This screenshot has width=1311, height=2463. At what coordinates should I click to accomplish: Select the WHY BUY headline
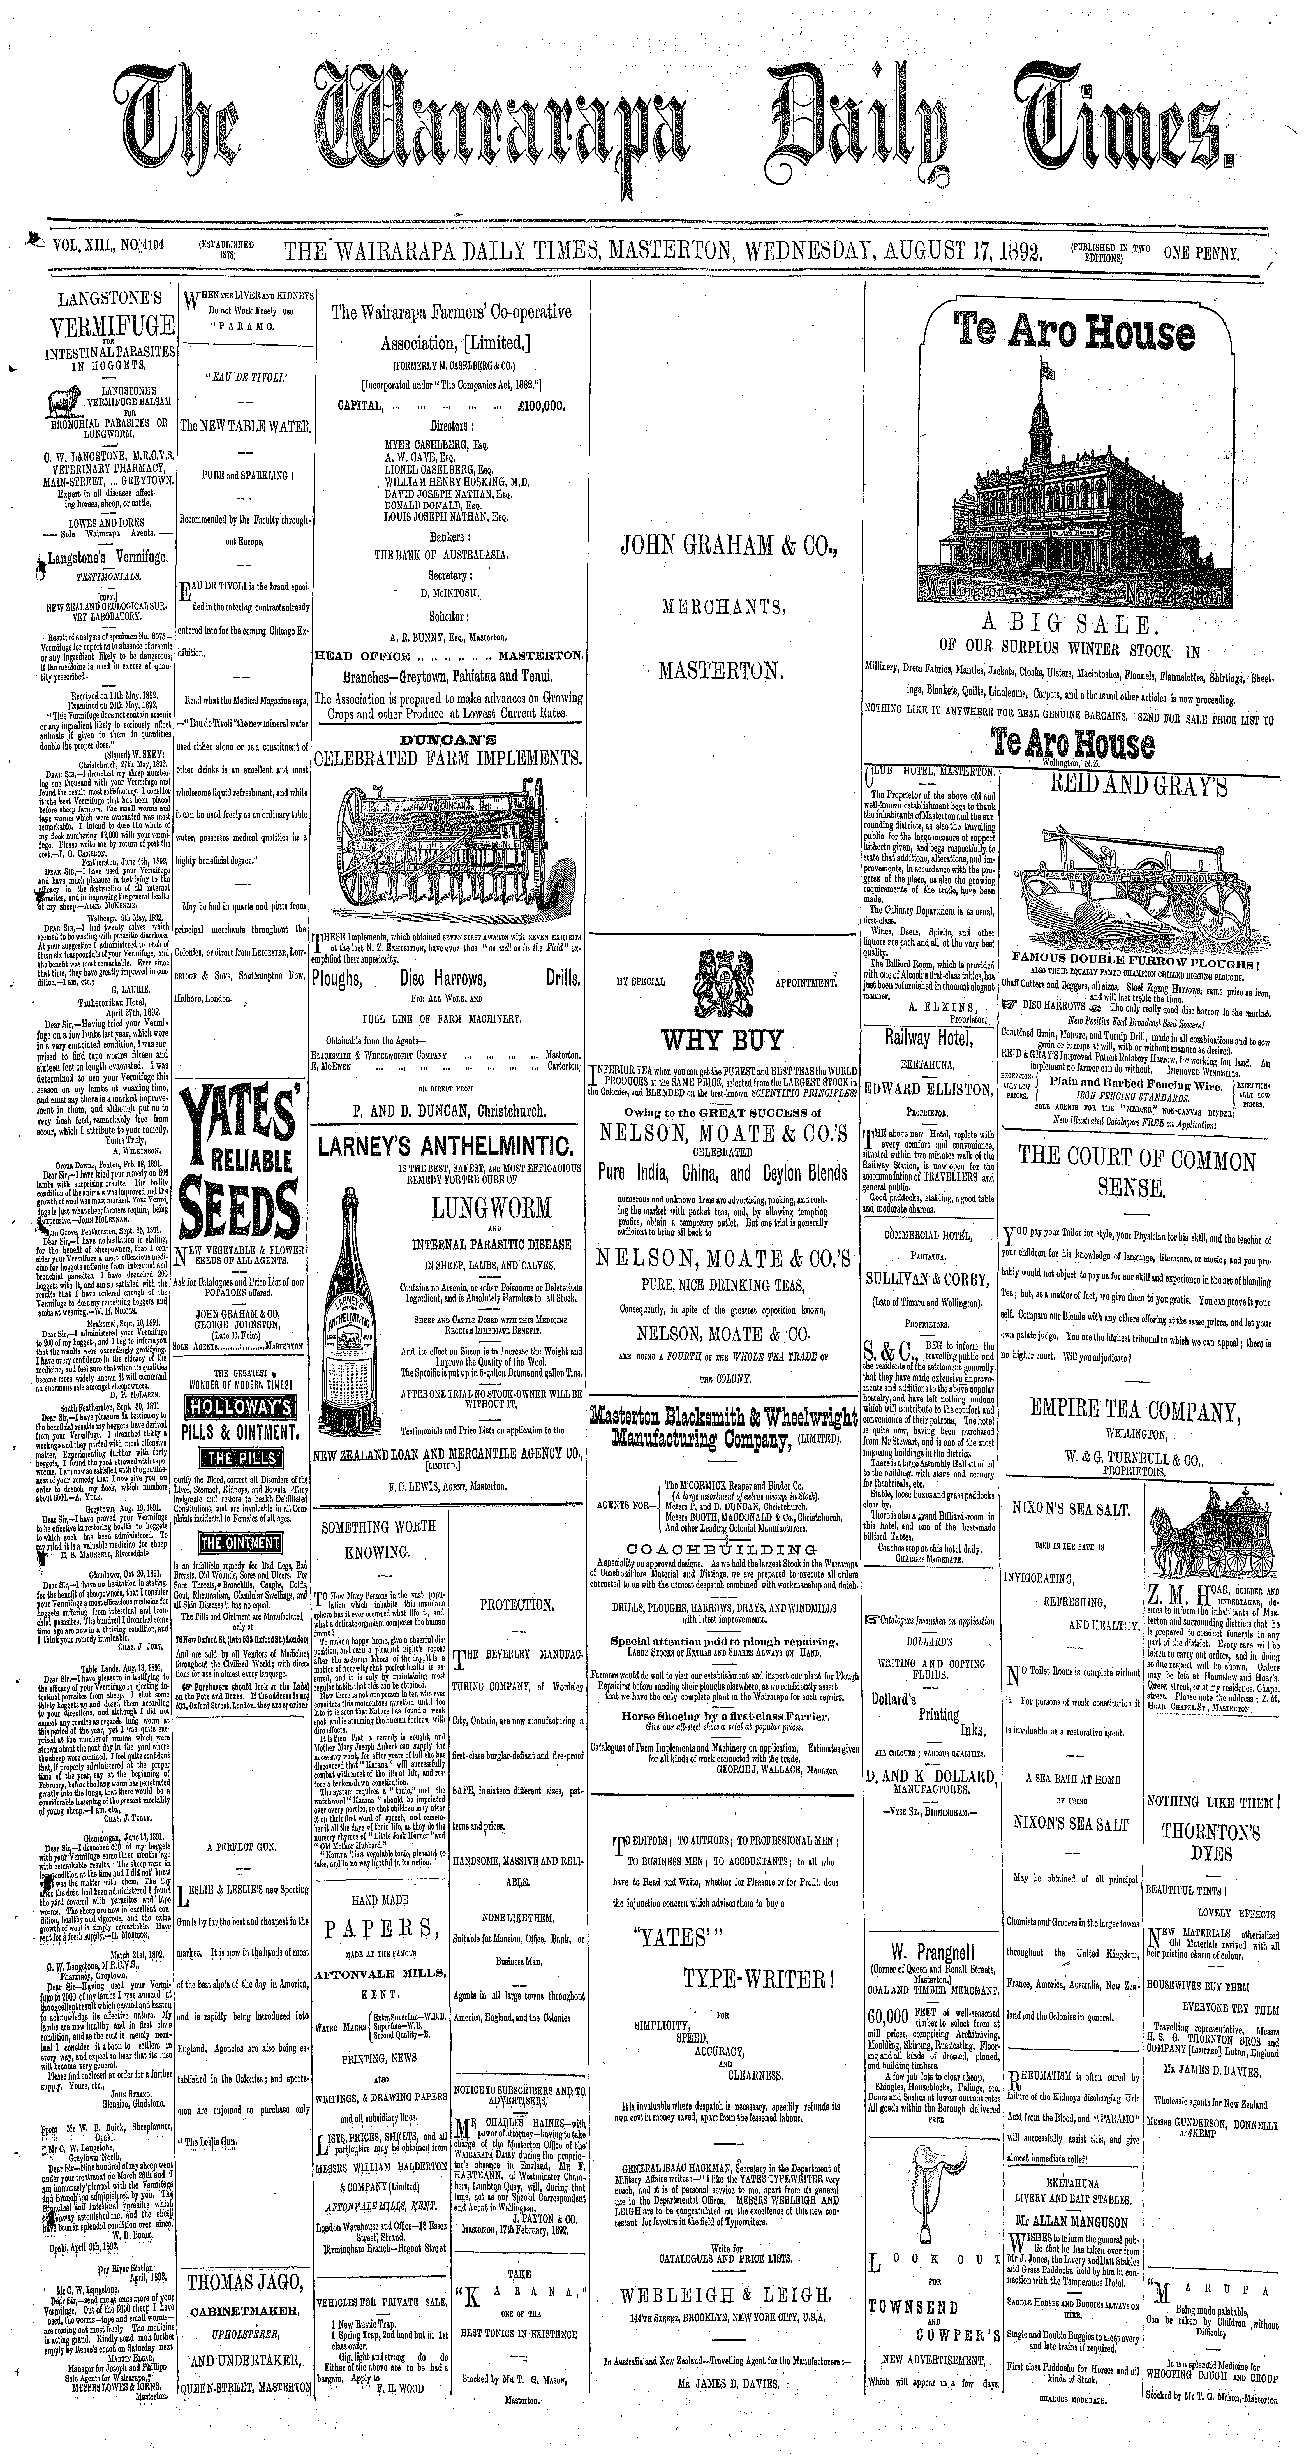click(723, 1039)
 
